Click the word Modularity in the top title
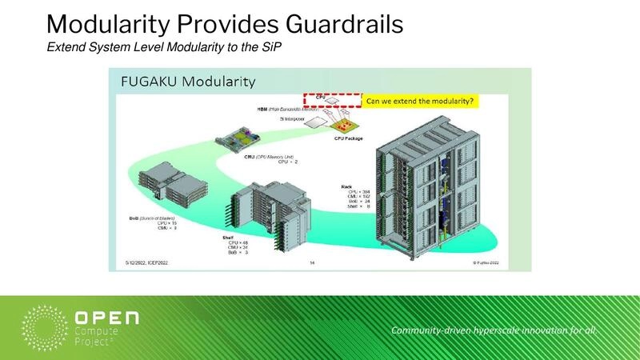(109, 23)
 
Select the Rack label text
(346, 186)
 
